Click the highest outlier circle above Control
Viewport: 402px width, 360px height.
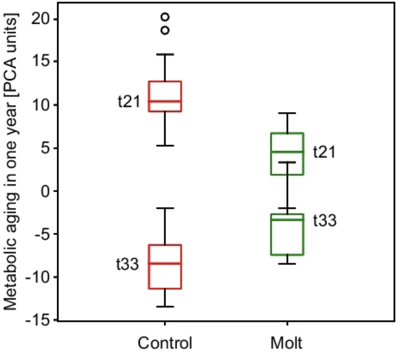click(165, 17)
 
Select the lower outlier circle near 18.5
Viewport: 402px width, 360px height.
click(165, 30)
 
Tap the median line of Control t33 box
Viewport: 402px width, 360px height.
click(165, 263)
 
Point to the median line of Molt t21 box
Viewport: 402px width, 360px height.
click(287, 151)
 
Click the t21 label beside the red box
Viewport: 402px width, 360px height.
click(129, 102)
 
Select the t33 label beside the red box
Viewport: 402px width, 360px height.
click(127, 264)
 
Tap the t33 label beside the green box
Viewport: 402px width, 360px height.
click(325, 221)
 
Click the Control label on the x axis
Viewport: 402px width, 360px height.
click(165, 343)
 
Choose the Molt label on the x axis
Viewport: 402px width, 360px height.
click(287, 343)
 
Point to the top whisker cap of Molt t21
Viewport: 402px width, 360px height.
click(287, 113)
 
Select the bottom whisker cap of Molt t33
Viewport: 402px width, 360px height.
click(287, 264)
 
